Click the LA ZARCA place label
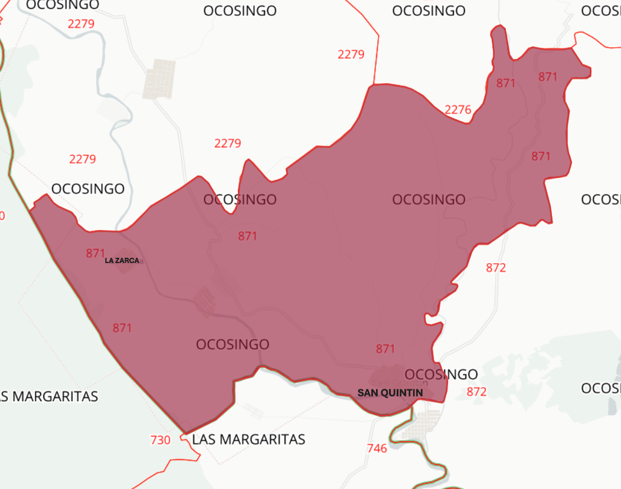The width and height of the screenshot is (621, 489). [122, 260]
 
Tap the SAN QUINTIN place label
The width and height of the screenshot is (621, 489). [390, 392]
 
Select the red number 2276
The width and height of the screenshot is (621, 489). [458, 110]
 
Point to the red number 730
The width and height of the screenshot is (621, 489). [160, 440]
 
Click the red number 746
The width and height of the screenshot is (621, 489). [377, 448]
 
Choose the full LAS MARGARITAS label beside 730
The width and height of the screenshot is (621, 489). [249, 439]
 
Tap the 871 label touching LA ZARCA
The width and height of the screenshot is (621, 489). [95, 253]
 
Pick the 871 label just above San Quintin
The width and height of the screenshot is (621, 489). [385, 349]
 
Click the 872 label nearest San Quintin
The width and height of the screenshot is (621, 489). [476, 392]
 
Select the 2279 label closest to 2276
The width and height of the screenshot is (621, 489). [351, 54]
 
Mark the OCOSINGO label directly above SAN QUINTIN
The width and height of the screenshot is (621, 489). [442, 375]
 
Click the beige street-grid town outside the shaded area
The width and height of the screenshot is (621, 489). [159, 78]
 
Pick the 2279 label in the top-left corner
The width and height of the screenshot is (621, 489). [81, 24]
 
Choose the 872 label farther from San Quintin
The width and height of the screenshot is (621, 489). [496, 268]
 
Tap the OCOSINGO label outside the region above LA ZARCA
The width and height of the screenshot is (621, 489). [88, 189]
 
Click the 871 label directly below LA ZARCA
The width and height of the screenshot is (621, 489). [122, 328]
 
